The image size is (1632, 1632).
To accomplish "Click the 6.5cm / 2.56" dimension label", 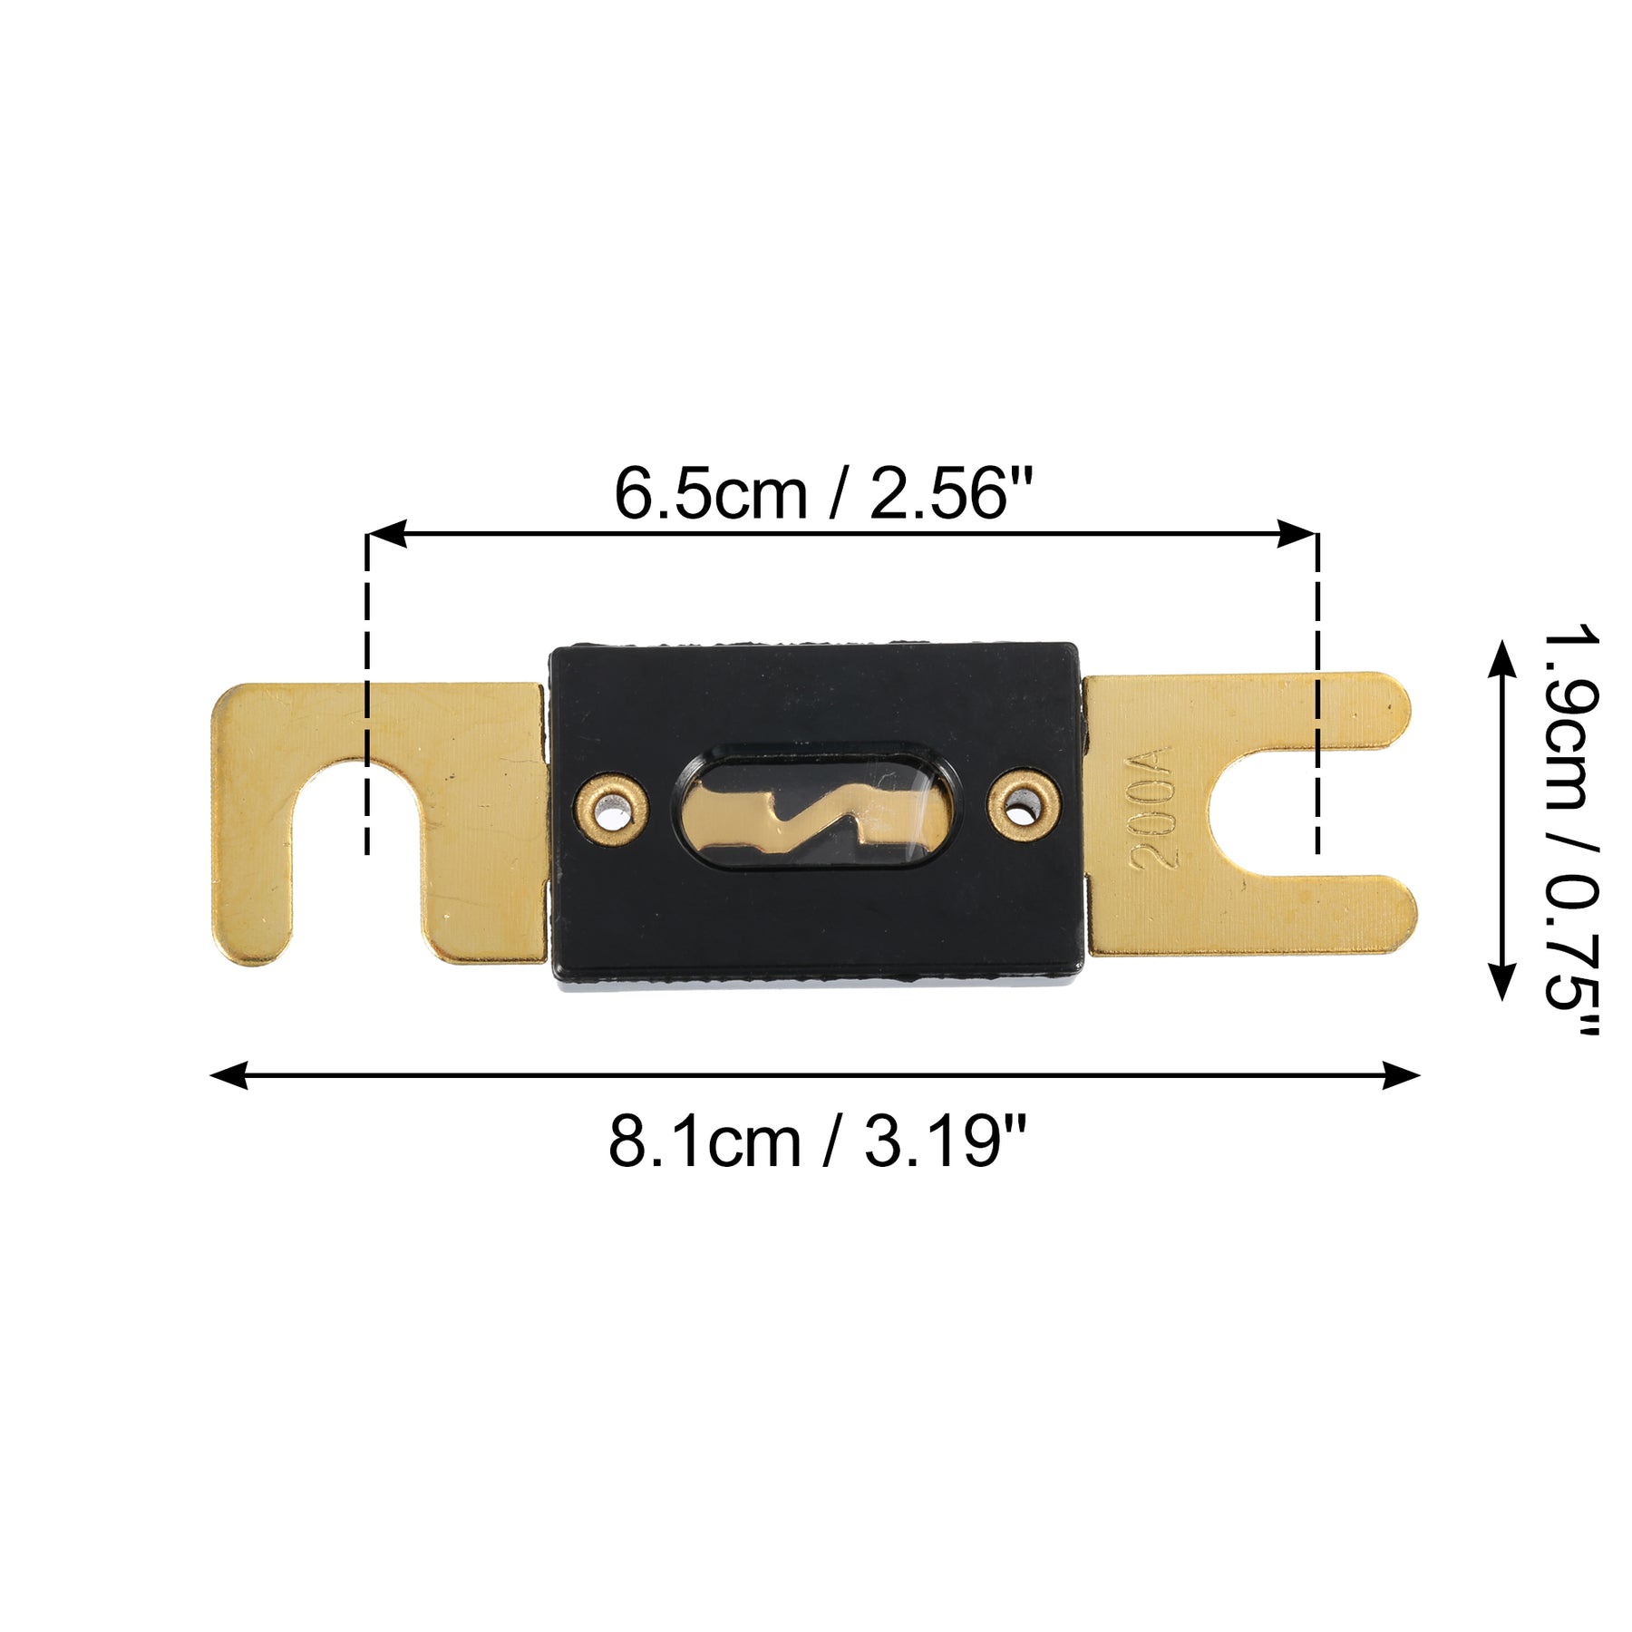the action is [823, 494].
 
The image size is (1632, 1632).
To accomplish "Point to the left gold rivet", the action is [612, 805].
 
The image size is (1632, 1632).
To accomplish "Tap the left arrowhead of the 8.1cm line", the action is [228, 1075].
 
